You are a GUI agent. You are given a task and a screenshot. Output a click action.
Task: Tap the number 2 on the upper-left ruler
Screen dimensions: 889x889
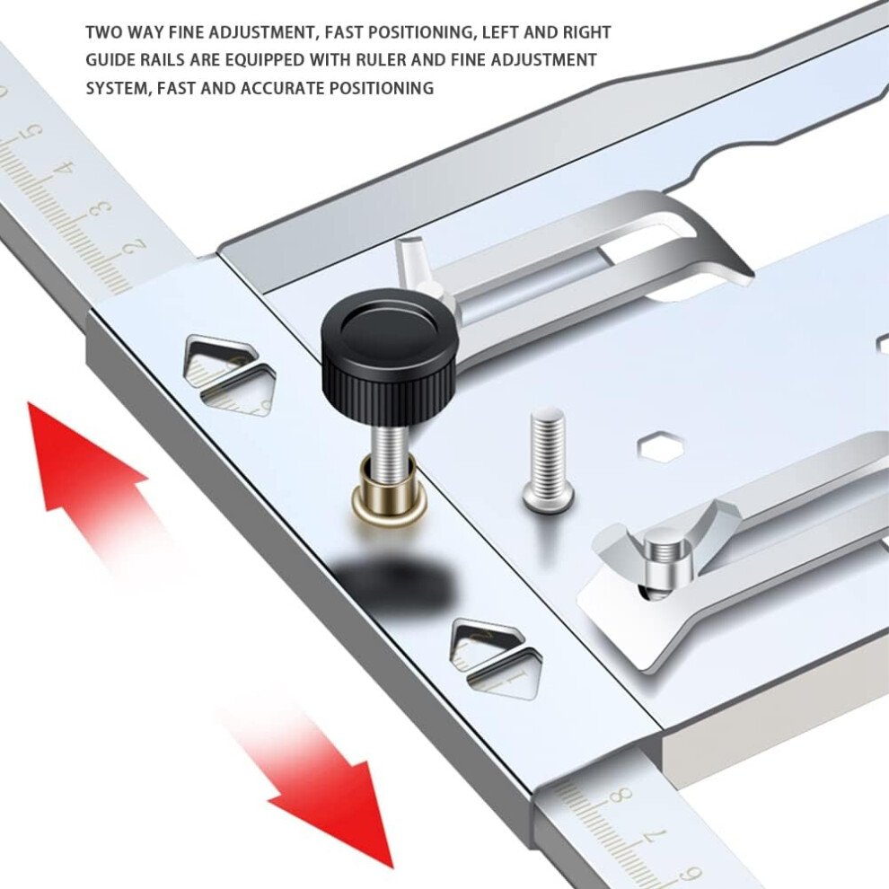pos(135,247)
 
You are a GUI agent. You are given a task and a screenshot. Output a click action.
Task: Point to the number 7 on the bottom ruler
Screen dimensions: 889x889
pos(657,838)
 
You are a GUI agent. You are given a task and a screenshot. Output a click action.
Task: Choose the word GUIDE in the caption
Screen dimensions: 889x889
pos(109,60)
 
